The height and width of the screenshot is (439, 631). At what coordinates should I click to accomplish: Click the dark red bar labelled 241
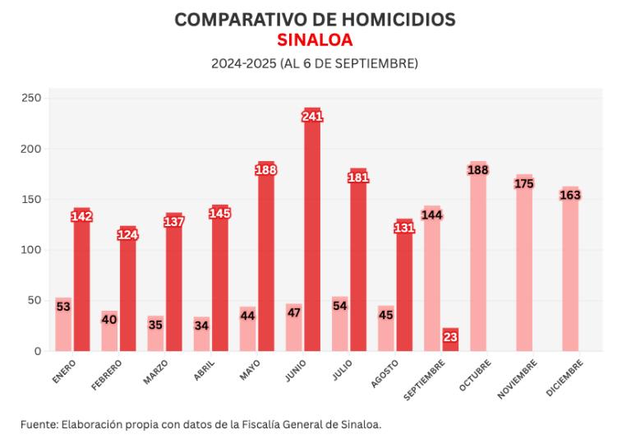[x=312, y=238]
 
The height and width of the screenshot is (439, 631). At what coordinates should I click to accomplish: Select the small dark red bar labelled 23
[x=450, y=340]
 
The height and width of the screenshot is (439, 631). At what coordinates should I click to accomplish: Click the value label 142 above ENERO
[x=82, y=216]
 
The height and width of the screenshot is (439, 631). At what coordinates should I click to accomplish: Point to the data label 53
[x=63, y=307]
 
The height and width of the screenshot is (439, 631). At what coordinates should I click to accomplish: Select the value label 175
[x=524, y=183]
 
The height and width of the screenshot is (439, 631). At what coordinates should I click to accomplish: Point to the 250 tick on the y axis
[x=32, y=98]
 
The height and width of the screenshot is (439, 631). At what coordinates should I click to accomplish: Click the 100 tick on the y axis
[x=32, y=250]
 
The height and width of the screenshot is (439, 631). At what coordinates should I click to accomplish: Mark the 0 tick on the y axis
[x=37, y=351]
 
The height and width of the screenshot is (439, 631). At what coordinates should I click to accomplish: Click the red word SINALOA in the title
[x=315, y=40]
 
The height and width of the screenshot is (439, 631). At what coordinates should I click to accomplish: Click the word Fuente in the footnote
[x=39, y=424]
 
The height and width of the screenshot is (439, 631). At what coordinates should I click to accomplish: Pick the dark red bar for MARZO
[x=174, y=288]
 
